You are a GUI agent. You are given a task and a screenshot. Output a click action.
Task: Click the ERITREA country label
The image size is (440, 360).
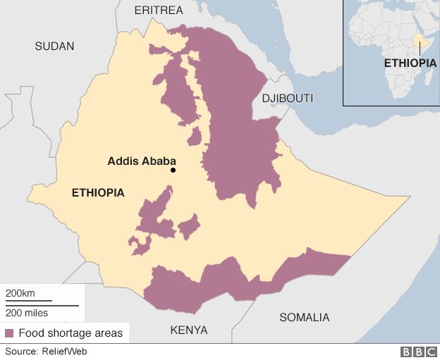[159, 10]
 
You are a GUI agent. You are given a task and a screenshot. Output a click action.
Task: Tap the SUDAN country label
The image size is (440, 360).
[54, 46]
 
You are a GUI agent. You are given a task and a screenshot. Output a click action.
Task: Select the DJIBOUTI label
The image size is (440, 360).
[287, 98]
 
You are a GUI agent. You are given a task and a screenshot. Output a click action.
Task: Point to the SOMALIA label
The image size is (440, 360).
[304, 317]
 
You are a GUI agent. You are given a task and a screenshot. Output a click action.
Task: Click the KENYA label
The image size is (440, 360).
[189, 330]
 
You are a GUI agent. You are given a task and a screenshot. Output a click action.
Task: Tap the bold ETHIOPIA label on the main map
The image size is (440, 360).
[98, 192]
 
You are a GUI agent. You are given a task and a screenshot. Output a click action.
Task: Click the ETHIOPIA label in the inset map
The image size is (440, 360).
[410, 63]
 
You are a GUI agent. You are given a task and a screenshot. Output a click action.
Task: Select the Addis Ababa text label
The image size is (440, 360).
[142, 161]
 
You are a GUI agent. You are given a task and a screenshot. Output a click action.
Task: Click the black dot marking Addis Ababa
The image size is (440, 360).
[173, 170]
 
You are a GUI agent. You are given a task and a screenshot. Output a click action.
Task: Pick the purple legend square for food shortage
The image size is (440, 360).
[10, 333]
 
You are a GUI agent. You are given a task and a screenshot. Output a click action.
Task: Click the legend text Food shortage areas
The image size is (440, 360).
[70, 333]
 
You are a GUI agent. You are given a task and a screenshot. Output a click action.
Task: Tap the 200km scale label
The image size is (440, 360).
[20, 293]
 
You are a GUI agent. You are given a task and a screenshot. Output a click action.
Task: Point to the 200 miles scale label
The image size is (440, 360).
[27, 313]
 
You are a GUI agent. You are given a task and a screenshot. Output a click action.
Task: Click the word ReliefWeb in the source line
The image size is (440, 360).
[64, 351]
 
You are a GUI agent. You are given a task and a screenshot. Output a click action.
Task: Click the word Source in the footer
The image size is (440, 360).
[20, 351]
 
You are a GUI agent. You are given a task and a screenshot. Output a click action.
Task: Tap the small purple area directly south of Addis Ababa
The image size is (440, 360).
[188, 227]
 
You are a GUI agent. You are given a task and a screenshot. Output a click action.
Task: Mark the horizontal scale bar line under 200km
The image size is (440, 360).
[42, 304]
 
